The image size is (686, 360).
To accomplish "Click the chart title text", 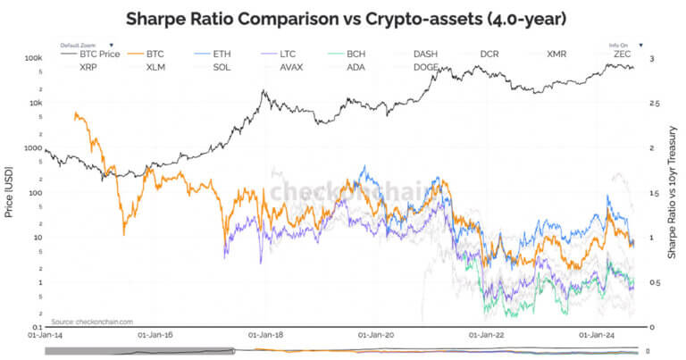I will point(342,18).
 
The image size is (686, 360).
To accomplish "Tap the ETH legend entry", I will point(222,54).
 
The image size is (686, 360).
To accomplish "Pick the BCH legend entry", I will point(356,54).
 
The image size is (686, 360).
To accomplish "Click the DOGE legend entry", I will point(425,67).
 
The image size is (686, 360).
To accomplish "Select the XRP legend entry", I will point(88,67).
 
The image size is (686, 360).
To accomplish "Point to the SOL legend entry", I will point(222,67).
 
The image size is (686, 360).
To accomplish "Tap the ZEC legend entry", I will point(623,54).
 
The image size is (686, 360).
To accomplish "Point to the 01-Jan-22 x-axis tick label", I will point(484,337).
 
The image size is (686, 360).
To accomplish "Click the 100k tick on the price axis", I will point(33,58).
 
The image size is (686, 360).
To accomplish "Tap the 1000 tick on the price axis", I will point(33,147).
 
